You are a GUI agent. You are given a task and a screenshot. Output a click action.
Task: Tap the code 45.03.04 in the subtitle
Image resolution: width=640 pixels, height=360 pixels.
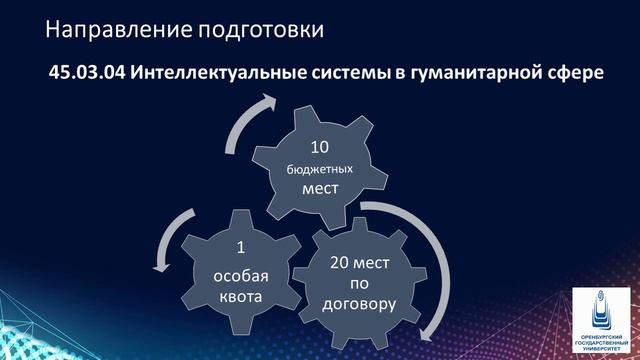coord(86,75)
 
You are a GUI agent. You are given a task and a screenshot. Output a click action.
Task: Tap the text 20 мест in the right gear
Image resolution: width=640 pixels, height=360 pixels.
coord(362,265)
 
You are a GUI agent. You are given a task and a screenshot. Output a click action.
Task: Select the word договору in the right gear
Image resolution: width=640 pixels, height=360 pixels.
coord(362,303)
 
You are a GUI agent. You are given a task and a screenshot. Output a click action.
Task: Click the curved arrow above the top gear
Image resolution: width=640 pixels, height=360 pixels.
coord(250,119)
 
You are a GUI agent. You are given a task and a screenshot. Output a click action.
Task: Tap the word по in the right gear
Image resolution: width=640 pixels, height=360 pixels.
coord(362,284)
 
